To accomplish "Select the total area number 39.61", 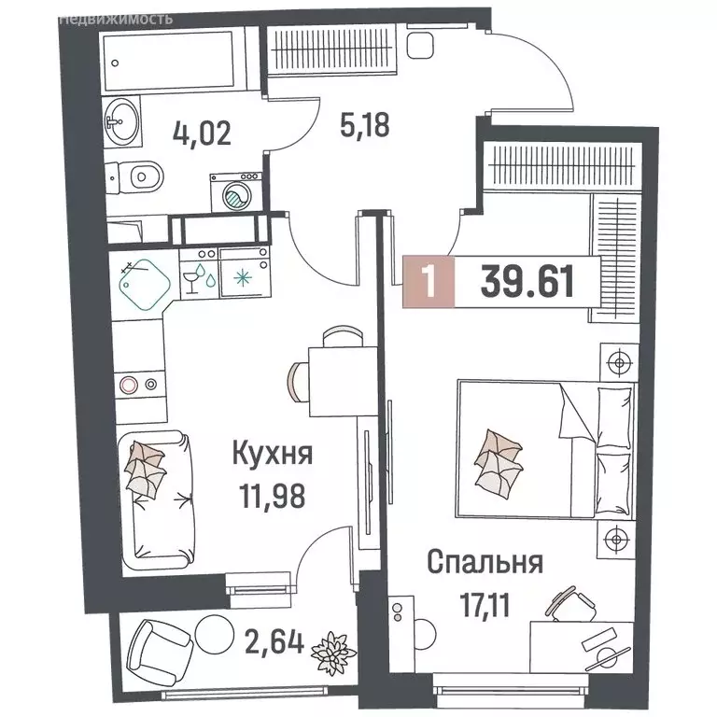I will click(x=527, y=279).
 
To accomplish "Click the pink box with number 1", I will click(x=428, y=280).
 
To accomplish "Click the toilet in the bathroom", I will click(x=140, y=175).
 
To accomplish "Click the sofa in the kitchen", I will click(x=156, y=489).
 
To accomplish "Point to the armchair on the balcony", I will click(x=153, y=647).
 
